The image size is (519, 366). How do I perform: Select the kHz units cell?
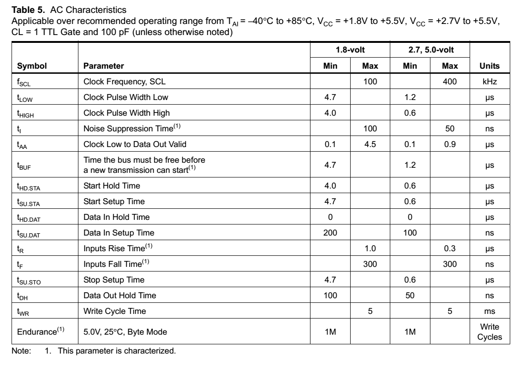[489, 82]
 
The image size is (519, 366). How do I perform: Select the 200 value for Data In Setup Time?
[330, 233]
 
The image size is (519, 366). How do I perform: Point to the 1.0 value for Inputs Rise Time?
[370, 248]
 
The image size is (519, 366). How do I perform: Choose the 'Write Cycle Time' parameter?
[114, 311]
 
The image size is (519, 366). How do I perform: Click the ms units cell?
[489, 311]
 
